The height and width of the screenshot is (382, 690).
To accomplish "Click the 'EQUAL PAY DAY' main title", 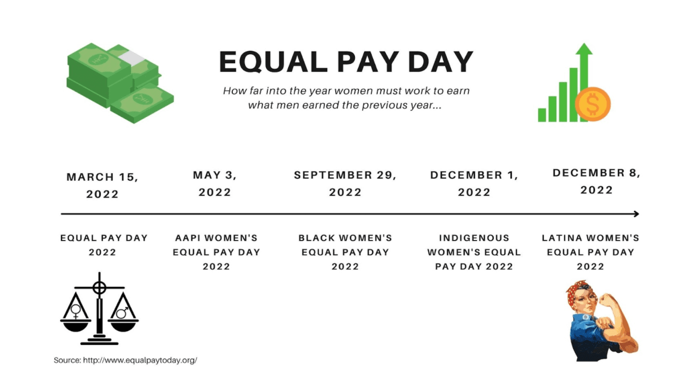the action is [346, 62].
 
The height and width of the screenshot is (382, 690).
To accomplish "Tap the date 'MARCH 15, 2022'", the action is [103, 185].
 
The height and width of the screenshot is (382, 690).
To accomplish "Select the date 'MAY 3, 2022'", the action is [215, 184].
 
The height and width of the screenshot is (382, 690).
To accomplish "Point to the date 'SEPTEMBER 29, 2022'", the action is [345, 184].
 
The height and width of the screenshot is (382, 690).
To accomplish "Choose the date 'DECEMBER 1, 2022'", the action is [474, 184].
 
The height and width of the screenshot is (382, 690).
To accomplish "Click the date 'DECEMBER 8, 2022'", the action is [597, 182].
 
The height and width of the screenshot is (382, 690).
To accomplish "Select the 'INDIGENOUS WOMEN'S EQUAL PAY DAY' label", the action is [474, 252].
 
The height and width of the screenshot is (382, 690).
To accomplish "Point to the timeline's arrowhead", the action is [636, 214].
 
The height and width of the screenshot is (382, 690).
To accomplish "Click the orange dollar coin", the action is [593, 104].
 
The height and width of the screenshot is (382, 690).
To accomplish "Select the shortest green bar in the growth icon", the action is [542, 115].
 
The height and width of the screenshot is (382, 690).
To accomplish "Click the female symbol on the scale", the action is [76, 311].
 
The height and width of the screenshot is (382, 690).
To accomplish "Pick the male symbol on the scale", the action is [122, 313].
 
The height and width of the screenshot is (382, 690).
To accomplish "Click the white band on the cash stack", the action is [133, 58].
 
